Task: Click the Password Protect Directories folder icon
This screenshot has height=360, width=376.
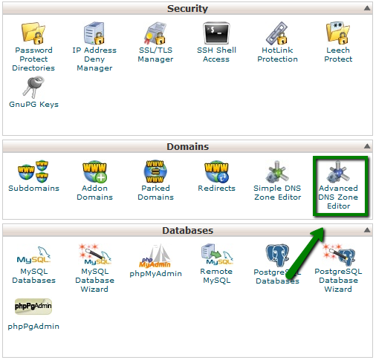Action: pyautogui.click(x=33, y=33)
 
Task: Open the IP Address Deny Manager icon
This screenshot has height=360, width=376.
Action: pyautogui.click(x=94, y=33)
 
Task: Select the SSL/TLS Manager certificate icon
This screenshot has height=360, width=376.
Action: pyautogui.click(x=155, y=33)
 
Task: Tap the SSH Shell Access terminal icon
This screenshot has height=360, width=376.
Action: pyautogui.click(x=216, y=33)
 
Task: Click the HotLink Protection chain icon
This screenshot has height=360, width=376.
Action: pyautogui.click(x=277, y=33)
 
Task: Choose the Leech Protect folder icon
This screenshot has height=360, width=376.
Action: pyautogui.click(x=338, y=33)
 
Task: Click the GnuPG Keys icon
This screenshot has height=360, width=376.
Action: pyautogui.click(x=33, y=87)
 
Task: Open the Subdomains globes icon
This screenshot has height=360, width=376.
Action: pyautogui.click(x=33, y=171)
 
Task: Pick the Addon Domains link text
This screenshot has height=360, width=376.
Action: pyautogui.click(x=94, y=192)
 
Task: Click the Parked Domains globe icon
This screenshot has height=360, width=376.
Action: pyautogui.click(x=155, y=171)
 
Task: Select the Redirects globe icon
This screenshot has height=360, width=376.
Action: pyautogui.click(x=216, y=171)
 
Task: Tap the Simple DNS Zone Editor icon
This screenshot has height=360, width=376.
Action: pyautogui.click(x=277, y=171)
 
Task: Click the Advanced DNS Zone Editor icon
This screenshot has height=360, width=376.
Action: pyautogui.click(x=338, y=171)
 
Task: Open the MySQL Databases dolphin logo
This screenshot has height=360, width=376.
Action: pyautogui.click(x=33, y=255)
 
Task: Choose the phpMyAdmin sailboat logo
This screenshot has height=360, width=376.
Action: pyautogui.click(x=155, y=256)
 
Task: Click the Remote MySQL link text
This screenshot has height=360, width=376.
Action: pyautogui.click(x=216, y=276)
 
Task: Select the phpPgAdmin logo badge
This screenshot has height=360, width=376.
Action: pyautogui.click(x=33, y=307)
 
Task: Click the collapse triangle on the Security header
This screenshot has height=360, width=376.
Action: pyautogui.click(x=367, y=8)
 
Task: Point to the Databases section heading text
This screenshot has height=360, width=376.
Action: pyautogui.click(x=187, y=230)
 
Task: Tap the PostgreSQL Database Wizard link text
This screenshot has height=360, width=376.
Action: pyautogui.click(x=338, y=281)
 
